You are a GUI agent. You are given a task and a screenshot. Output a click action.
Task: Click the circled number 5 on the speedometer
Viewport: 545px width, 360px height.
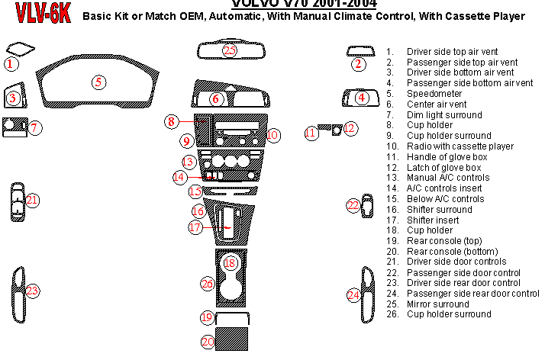coord(98,82)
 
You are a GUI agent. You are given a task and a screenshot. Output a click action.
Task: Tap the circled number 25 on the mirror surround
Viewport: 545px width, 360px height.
coord(231,50)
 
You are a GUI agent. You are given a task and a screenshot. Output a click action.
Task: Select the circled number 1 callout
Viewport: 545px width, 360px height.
coord(11,64)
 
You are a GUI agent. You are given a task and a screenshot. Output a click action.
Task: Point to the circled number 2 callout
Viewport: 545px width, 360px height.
coord(359,64)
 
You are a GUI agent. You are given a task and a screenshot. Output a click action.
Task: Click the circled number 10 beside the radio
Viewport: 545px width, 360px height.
coord(273,135)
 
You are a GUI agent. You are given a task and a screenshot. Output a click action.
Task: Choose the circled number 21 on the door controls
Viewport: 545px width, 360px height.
coord(31,200)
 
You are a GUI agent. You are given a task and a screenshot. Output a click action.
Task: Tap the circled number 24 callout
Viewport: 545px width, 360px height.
coord(353,295)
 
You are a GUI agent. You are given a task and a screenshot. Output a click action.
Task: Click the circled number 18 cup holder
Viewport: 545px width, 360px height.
coord(231,262)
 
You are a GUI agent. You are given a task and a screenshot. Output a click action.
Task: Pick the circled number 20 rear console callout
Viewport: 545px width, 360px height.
coord(208,342)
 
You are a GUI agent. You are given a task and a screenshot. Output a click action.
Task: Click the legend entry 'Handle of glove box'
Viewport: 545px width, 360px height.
coord(447,157)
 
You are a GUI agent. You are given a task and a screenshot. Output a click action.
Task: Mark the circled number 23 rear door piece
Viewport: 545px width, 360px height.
coord(31,291)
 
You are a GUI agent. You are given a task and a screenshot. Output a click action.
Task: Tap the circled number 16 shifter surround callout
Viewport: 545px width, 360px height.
coord(198,211)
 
